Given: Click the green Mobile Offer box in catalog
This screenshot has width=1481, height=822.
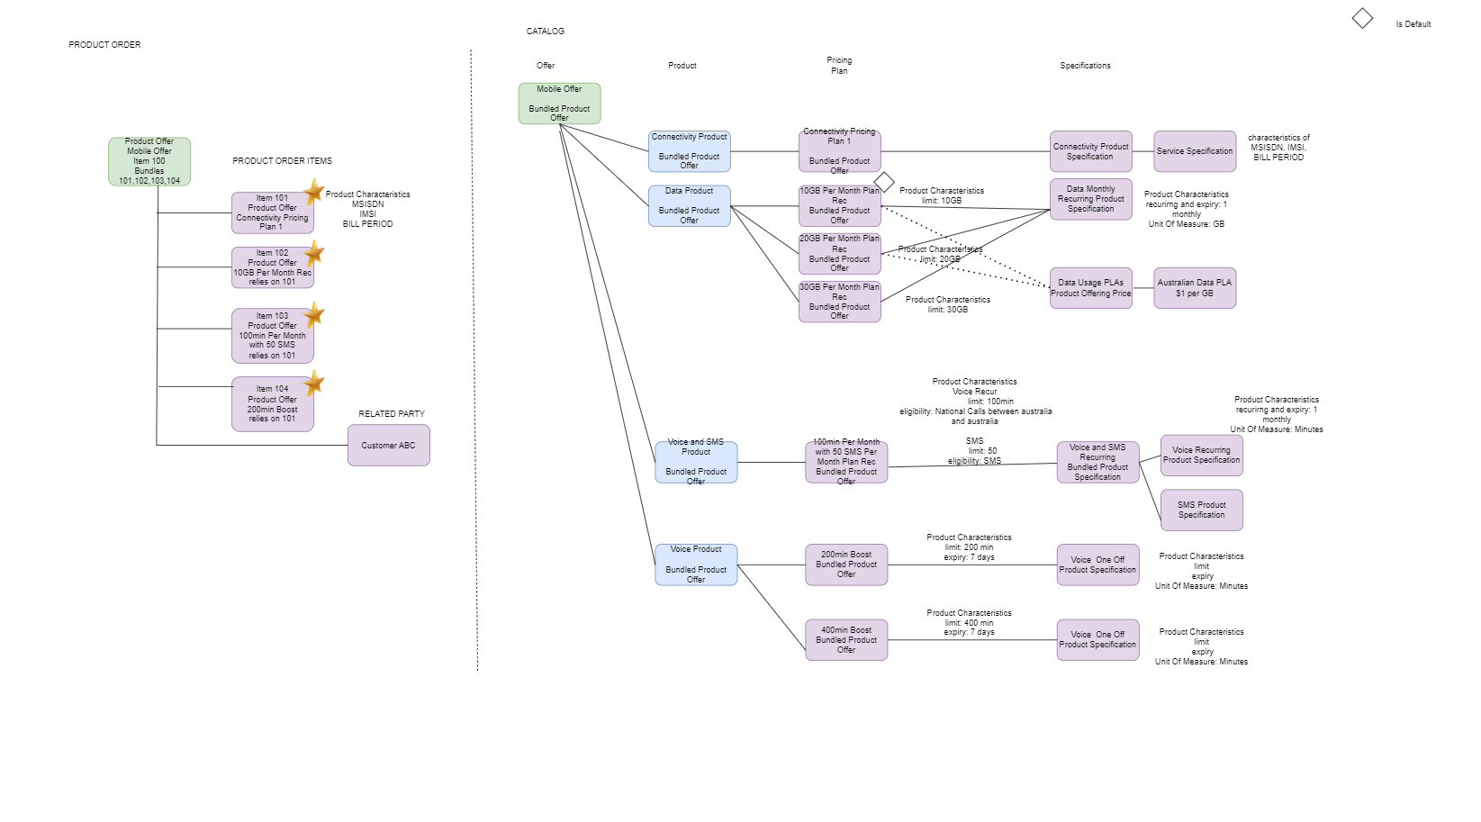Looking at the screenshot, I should coord(559,104).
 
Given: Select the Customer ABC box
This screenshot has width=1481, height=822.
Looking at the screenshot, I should coord(388,445).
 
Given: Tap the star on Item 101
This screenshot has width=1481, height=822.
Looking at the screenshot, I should coord(313,191).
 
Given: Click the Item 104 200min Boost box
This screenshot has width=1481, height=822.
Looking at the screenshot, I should coord(272,404).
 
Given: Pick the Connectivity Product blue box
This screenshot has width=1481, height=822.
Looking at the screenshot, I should coord(689,151).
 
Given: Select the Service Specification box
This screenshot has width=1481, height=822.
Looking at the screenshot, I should coord(1195,151).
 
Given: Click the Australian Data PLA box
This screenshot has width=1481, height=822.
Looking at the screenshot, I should coord(1195,288).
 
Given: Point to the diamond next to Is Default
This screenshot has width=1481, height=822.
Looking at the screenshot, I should coord(1362,18).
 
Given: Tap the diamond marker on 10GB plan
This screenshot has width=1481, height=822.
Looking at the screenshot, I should coord(884,182).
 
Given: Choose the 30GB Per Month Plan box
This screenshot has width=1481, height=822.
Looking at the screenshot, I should coord(839,302).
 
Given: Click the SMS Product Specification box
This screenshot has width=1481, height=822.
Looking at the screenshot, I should coord(1201,510).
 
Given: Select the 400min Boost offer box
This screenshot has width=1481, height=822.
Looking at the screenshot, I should coord(846,640).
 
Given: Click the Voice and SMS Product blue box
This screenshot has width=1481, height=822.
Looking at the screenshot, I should coord(696,462).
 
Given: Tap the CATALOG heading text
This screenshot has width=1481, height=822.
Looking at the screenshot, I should coord(546,32).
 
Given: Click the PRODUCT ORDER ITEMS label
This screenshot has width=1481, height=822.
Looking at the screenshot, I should coord(282,161).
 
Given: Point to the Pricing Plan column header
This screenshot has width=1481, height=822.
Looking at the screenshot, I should coord(839,66).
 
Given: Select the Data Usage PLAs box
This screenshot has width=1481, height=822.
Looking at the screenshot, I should coord(1090,288).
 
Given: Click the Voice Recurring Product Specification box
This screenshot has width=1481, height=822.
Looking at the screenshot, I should coord(1201,455).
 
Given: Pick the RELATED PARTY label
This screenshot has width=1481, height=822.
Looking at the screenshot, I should coord(392,414).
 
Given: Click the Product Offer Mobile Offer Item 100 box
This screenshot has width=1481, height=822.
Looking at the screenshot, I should coord(149,161).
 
